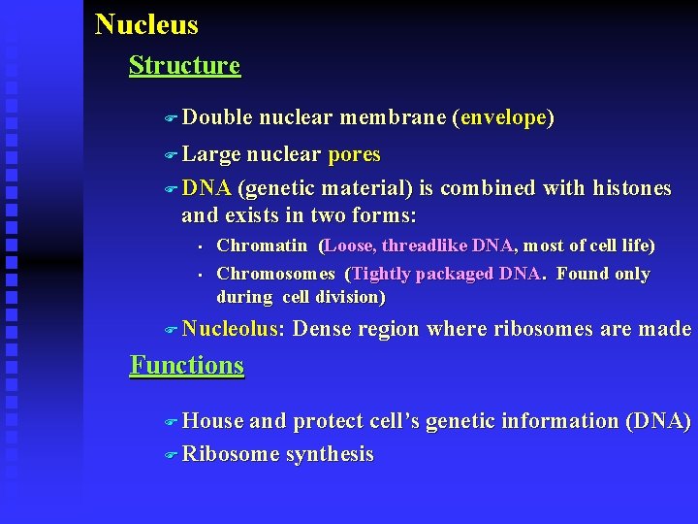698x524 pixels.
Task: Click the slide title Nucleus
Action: (x=146, y=24)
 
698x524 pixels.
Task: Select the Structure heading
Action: (x=184, y=66)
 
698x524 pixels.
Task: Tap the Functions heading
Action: (x=187, y=366)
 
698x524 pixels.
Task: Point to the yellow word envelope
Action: (x=504, y=118)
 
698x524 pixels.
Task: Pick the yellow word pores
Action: (x=354, y=155)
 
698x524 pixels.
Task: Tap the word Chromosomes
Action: (x=275, y=274)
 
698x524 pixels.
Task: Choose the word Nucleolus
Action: (x=232, y=330)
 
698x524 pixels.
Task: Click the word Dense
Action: (x=321, y=330)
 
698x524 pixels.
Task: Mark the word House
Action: (x=213, y=421)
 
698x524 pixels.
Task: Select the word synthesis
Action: (x=330, y=454)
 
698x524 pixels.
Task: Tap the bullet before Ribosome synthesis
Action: (x=171, y=455)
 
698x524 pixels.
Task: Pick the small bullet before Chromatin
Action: (x=196, y=246)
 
